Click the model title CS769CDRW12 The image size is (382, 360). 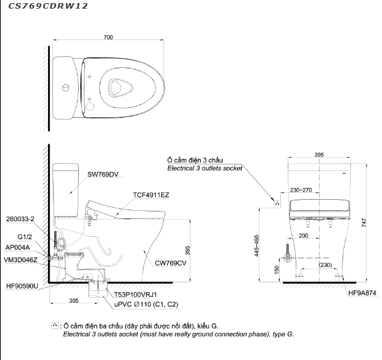pyautogui.click(x=44, y=6)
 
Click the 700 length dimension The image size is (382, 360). pyautogui.click(x=108, y=38)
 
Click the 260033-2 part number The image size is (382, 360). pyautogui.click(x=20, y=219)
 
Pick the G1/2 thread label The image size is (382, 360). pyautogui.click(x=25, y=236)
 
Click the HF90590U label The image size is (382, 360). pyautogui.click(x=23, y=285)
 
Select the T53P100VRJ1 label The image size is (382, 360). pyautogui.click(x=136, y=295)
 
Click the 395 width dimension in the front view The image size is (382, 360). pyautogui.click(x=319, y=155)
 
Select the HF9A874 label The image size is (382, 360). pyautogui.click(x=361, y=295)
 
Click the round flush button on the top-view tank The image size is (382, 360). pyautogui.click(x=64, y=88)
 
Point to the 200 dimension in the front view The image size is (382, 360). pyautogui.click(x=303, y=235)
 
